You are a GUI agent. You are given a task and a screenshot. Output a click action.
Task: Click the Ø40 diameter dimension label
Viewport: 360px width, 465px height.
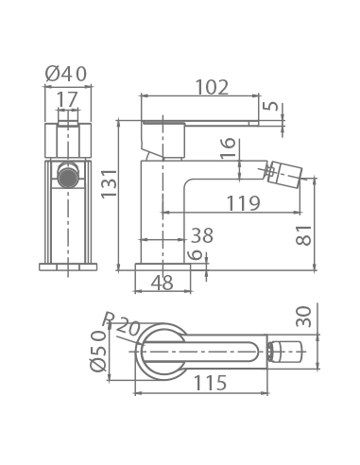tap(66, 75)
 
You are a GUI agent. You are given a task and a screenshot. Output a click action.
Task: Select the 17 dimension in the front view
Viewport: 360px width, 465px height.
tap(67, 99)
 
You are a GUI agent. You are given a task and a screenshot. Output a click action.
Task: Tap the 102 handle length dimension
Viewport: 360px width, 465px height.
tap(212, 87)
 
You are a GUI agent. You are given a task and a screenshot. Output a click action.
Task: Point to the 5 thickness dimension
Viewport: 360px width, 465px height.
tap(271, 106)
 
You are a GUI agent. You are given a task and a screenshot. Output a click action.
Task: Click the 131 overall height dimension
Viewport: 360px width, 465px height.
tap(109, 183)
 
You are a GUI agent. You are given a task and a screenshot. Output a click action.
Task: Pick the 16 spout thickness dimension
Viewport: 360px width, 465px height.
tap(228, 147)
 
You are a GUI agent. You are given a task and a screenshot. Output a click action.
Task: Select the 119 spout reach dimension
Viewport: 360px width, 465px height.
tap(244, 203)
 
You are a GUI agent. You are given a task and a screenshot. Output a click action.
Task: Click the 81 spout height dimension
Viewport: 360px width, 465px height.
tap(303, 235)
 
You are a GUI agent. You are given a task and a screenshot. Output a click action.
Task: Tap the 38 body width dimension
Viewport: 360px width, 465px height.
tap(202, 235)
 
